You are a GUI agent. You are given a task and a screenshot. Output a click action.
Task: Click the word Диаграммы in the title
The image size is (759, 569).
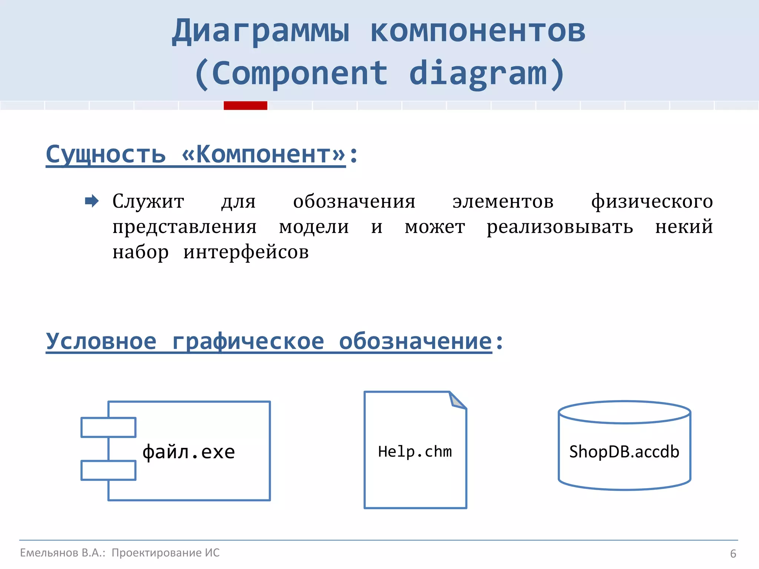tap(261, 31)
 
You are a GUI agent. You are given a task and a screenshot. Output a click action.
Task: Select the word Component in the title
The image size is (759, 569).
tap(299, 73)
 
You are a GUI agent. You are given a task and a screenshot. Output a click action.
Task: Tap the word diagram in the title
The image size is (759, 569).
tap(478, 73)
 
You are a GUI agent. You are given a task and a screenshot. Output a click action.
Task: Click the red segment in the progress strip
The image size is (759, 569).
tap(245, 106)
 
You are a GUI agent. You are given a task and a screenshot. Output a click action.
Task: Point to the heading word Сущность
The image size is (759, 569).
tap(106, 154)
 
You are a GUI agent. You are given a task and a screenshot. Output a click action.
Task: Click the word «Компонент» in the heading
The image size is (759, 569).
tap(264, 154)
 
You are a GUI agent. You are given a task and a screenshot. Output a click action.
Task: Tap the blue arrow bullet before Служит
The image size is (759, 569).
tap(92, 201)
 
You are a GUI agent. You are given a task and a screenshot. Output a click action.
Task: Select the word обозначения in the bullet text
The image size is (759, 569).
tap(354, 202)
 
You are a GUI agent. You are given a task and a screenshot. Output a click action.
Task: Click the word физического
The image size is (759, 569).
tap(652, 202)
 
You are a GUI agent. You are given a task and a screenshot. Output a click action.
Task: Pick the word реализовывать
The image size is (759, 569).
tap(560, 227)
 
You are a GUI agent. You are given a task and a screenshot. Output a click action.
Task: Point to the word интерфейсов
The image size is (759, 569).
tap(246, 252)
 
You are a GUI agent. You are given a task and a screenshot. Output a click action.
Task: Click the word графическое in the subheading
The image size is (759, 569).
tap(248, 341)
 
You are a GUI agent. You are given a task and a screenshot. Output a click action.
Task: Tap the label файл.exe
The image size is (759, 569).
tap(189, 452)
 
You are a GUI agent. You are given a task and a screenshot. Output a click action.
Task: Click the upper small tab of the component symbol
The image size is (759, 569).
tap(108, 427)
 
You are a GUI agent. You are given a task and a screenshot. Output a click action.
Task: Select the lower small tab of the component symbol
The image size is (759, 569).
tap(108, 470)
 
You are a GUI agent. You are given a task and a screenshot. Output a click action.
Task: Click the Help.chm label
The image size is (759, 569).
tap(415, 452)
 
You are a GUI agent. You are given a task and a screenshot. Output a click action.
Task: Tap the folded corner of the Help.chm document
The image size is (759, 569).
tap(457, 401)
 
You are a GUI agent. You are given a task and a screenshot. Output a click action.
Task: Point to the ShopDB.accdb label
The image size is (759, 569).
tap(624, 452)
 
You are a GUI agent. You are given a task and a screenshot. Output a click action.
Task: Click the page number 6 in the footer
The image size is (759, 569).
tap(733, 554)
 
